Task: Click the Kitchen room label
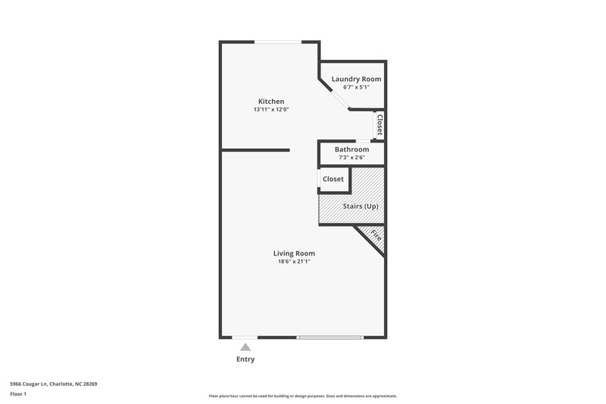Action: point(271,102)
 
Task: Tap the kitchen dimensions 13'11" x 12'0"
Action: point(271,110)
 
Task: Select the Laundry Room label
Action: point(356,79)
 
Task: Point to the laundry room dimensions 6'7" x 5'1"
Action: point(356,87)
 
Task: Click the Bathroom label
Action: point(351,149)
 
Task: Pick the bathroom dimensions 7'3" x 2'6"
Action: point(351,158)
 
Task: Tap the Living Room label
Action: point(294,253)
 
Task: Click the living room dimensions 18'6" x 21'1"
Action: point(294,262)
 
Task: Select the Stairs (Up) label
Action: point(361,206)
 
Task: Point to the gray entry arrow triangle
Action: point(245,346)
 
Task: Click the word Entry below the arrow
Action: point(245,359)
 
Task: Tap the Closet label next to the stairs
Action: point(333,179)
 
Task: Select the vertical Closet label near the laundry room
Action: point(380,125)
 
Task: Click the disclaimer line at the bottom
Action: point(302,396)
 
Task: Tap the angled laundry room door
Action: point(334,97)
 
